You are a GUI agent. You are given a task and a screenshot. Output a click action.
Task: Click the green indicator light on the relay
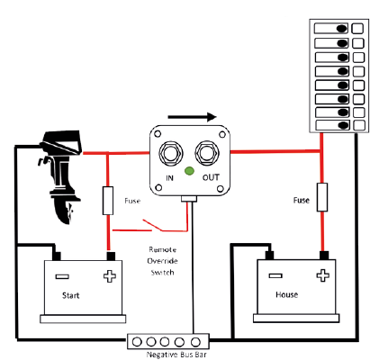[x=189, y=171]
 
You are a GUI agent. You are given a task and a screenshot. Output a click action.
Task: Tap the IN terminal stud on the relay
[x=170, y=153]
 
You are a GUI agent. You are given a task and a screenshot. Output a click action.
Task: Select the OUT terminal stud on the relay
[x=207, y=153]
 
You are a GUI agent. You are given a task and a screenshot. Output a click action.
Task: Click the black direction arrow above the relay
[x=192, y=117]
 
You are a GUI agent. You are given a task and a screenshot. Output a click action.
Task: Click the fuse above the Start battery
[x=108, y=201]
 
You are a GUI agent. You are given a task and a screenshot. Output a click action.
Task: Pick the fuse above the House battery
[x=322, y=197]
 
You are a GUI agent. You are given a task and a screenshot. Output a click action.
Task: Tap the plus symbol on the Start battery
[x=110, y=276]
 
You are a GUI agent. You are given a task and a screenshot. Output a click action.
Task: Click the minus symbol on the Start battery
[x=62, y=276]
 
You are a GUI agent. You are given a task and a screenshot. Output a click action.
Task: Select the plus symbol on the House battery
[x=322, y=275]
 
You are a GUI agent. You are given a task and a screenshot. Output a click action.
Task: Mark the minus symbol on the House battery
[x=275, y=275]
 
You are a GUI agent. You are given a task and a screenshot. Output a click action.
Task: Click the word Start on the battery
[x=71, y=295]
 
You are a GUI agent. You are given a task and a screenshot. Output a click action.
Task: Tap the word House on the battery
[x=287, y=294]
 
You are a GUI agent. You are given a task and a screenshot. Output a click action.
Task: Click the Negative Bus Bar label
[x=176, y=355]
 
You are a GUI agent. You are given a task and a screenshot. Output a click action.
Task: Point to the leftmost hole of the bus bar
[x=137, y=342]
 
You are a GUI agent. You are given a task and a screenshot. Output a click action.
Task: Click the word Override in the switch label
[x=162, y=261]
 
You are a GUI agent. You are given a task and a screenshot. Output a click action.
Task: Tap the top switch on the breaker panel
[x=331, y=29]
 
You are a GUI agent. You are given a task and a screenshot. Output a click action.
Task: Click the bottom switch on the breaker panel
[x=333, y=125]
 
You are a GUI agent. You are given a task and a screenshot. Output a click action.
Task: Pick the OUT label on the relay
[x=211, y=177]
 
